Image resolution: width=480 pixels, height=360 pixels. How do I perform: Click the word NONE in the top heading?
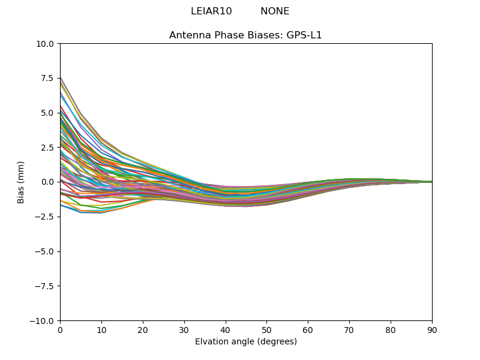(275, 11)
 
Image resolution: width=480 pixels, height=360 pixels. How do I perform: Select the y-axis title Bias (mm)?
(21, 182)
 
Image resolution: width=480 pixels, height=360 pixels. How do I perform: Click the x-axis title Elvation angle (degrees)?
(246, 342)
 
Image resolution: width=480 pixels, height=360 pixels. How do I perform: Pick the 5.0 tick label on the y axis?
(48, 113)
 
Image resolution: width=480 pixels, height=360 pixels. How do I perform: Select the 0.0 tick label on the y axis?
(48, 182)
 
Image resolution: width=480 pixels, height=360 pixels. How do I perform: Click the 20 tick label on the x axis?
(143, 330)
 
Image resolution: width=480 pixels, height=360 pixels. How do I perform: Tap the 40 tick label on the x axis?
(226, 330)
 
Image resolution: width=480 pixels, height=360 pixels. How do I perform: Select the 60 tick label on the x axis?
(308, 330)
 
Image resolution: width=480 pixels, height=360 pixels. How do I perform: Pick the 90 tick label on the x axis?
(432, 330)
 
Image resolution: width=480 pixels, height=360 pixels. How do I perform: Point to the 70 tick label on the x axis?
(349, 330)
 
